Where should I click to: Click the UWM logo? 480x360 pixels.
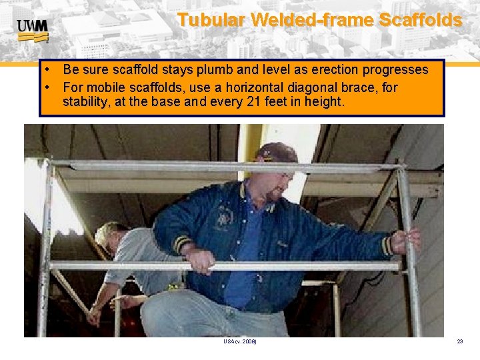click(33, 29)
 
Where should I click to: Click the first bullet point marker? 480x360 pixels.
click(50, 69)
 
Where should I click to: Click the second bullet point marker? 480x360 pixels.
click(50, 86)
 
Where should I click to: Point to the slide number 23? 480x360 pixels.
click(459, 341)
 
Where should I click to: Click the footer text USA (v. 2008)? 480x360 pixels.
click(240, 341)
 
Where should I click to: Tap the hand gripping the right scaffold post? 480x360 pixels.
click(407, 239)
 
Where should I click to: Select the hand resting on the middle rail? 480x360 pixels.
click(200, 259)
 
